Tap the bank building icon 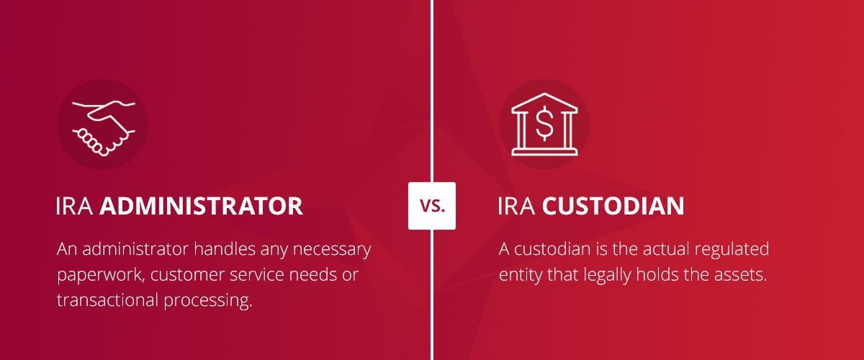pos(544,125)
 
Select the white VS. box pos(432,206)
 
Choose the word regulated pos(732,251)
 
